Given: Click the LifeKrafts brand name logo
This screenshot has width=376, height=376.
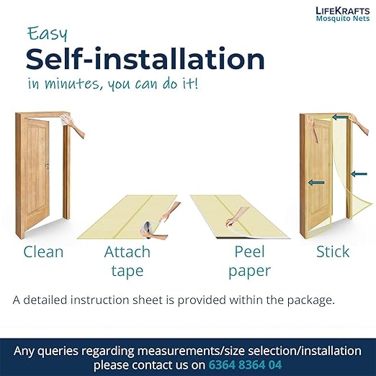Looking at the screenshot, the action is coord(343,11).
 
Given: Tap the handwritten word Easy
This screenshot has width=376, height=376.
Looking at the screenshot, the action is coord(48,34).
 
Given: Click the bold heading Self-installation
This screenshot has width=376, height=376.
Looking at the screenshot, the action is coord(146,59).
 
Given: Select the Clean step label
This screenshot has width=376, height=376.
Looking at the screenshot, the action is coord(43,251).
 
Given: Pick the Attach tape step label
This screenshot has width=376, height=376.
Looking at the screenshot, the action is coord(127,261).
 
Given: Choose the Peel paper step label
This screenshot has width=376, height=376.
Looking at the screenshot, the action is coord(249,261).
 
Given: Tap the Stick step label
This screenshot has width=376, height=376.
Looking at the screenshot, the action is coord(333,251).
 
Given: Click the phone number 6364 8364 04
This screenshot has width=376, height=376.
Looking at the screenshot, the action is coord(245,364).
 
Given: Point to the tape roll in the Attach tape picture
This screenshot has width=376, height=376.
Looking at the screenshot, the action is coord(147,229).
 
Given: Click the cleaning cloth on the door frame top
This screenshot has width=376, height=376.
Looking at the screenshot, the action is coord(64,120).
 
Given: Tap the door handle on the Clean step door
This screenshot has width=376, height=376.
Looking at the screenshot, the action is coord(48,166).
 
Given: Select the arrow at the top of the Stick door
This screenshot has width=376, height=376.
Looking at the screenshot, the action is coord(340,117).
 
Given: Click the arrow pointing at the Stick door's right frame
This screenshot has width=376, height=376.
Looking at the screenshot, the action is coord(359,174).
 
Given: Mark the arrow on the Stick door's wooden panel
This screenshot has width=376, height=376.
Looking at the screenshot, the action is coord(316,183).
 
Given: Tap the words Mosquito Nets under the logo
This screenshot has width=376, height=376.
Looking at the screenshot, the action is coord(343,19).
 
